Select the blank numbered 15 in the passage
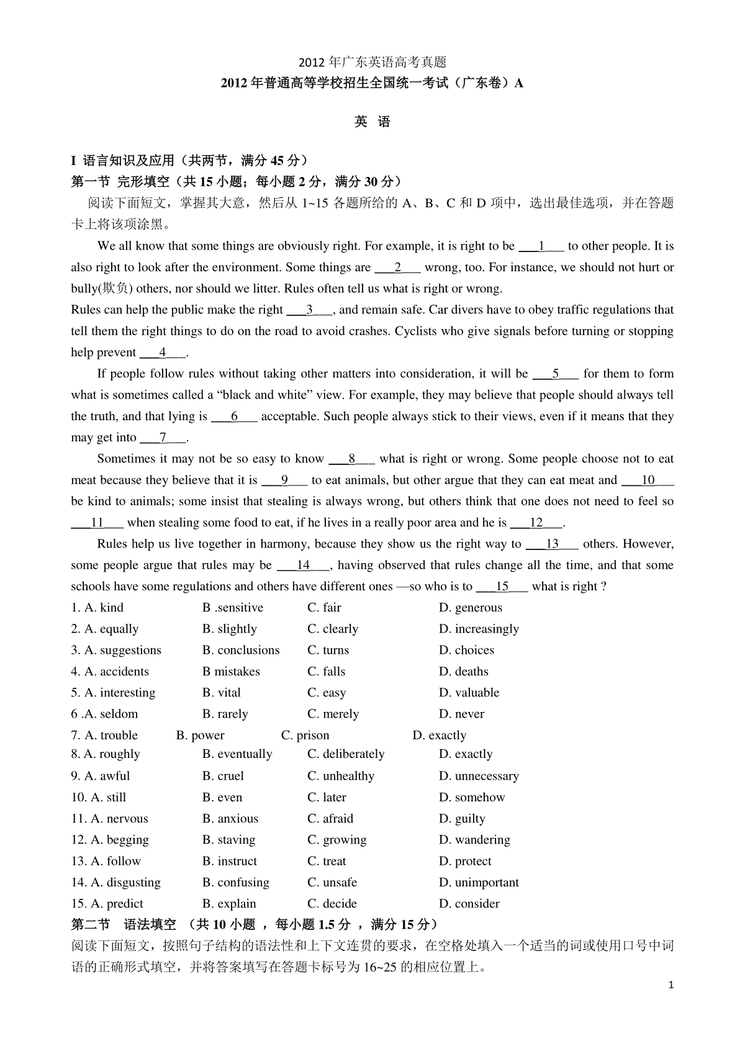point(502,587)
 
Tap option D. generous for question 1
point(470,608)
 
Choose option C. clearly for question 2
point(333,629)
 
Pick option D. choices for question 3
point(466,651)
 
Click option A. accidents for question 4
point(110,672)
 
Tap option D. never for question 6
point(461,714)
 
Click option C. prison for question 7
point(305,736)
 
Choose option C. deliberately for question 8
point(346,754)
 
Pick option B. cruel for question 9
point(223,776)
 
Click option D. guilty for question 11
point(462,819)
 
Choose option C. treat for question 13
point(327,862)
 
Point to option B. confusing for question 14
point(236,883)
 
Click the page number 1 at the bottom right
point(670,985)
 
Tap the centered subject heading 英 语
point(372,122)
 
